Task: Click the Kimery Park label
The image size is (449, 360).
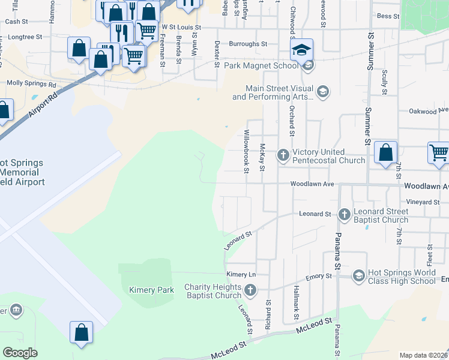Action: [x=151, y=290]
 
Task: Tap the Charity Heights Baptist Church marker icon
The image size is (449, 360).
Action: [x=251, y=291]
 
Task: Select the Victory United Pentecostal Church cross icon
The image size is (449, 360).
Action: [x=283, y=156]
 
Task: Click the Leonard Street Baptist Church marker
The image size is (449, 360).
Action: [x=345, y=214]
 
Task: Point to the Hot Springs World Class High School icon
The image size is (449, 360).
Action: [x=358, y=276]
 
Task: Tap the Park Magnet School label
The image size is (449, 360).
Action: [x=261, y=65]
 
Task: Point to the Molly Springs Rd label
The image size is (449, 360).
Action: [x=31, y=85]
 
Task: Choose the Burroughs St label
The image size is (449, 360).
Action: [x=247, y=44]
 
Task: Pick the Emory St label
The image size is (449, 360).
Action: [x=319, y=276]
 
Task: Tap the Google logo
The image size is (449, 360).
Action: [x=20, y=353]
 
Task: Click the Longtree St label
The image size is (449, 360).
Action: [x=24, y=37]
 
